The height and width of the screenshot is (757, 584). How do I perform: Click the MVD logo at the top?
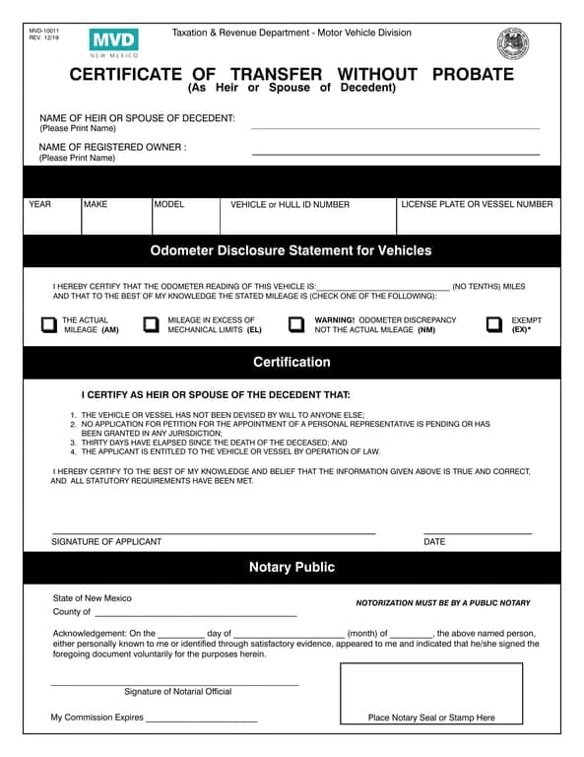coord(113,41)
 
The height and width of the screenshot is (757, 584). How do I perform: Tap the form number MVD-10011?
coord(44,32)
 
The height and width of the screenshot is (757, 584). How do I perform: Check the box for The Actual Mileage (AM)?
coord(48,325)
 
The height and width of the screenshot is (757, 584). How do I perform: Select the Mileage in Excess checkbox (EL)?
coord(151,325)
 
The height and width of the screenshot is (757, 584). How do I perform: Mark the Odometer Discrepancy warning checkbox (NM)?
coord(295,325)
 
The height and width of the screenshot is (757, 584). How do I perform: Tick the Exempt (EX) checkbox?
coord(494,325)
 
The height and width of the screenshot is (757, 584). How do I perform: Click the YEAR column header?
coord(40,205)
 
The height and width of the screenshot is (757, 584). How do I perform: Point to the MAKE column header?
coord(96,205)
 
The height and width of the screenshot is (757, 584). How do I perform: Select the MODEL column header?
coord(169,205)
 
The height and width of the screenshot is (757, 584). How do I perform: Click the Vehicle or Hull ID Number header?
coord(290,205)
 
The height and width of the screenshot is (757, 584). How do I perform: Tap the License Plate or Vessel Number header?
coord(477,205)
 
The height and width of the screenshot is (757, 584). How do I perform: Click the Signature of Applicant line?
coord(213,532)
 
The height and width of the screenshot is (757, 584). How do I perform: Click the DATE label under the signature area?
coord(434,542)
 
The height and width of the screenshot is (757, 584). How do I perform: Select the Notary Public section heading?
coord(292,568)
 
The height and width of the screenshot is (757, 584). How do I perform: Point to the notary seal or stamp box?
coord(431,695)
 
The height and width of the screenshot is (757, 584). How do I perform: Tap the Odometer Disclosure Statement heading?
coord(292,250)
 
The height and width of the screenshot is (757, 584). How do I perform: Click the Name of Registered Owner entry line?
coord(396,154)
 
